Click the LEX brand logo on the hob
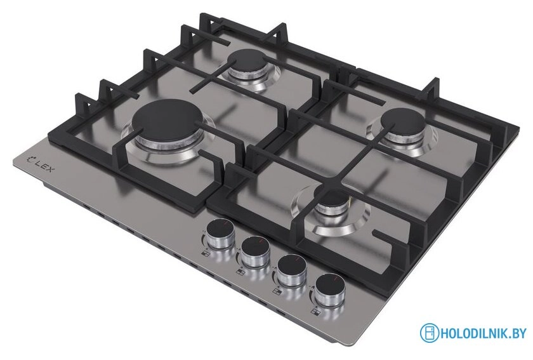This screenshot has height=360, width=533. pyautogui.click(x=40, y=163)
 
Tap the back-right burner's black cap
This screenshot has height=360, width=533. pyautogui.click(x=403, y=121)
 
